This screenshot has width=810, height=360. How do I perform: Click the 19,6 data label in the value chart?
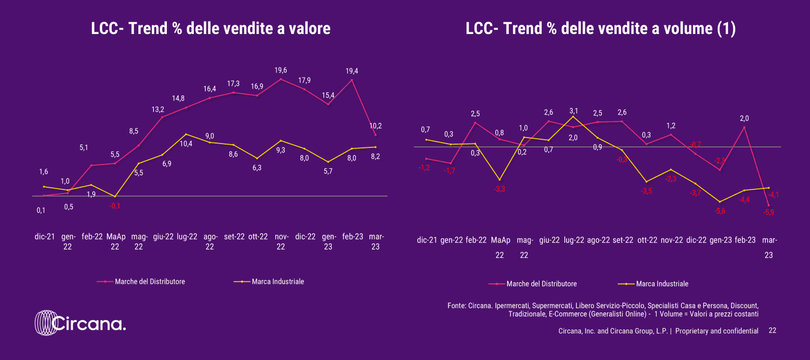(281, 70)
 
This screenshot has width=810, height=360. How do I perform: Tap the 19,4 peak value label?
(352, 70)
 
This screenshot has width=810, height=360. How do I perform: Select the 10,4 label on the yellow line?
(186, 144)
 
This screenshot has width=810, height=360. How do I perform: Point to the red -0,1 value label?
(114, 206)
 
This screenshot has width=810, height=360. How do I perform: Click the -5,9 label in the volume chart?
(768, 212)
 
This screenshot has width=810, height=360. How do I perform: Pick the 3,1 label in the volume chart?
(573, 111)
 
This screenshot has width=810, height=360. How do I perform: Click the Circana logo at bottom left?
(80, 324)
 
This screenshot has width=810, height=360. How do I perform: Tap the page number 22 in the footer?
(772, 330)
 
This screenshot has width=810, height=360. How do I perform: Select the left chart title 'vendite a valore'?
(211, 29)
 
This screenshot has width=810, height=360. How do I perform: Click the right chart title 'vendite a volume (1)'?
(600, 29)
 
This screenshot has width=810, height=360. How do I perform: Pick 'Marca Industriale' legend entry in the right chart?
(662, 284)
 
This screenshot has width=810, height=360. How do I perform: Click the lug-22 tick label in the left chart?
(186, 236)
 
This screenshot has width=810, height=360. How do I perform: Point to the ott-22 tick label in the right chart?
(647, 241)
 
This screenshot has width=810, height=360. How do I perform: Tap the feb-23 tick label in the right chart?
(744, 241)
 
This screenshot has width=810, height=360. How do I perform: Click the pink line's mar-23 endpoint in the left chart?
(375, 135)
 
